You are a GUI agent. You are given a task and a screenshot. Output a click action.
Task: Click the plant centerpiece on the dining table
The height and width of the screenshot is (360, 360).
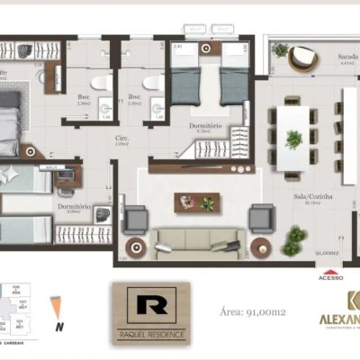[293, 139]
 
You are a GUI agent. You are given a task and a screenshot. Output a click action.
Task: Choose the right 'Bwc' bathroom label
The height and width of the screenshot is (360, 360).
[134, 97]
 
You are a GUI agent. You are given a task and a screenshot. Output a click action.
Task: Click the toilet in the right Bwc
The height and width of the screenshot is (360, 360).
[157, 83]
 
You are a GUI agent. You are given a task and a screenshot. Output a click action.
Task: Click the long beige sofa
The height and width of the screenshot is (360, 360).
[195, 239]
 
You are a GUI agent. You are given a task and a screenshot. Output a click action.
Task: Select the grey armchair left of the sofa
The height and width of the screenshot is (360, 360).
[136, 219]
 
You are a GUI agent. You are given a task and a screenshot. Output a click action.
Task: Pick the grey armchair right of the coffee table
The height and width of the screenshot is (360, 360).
[262, 217]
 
